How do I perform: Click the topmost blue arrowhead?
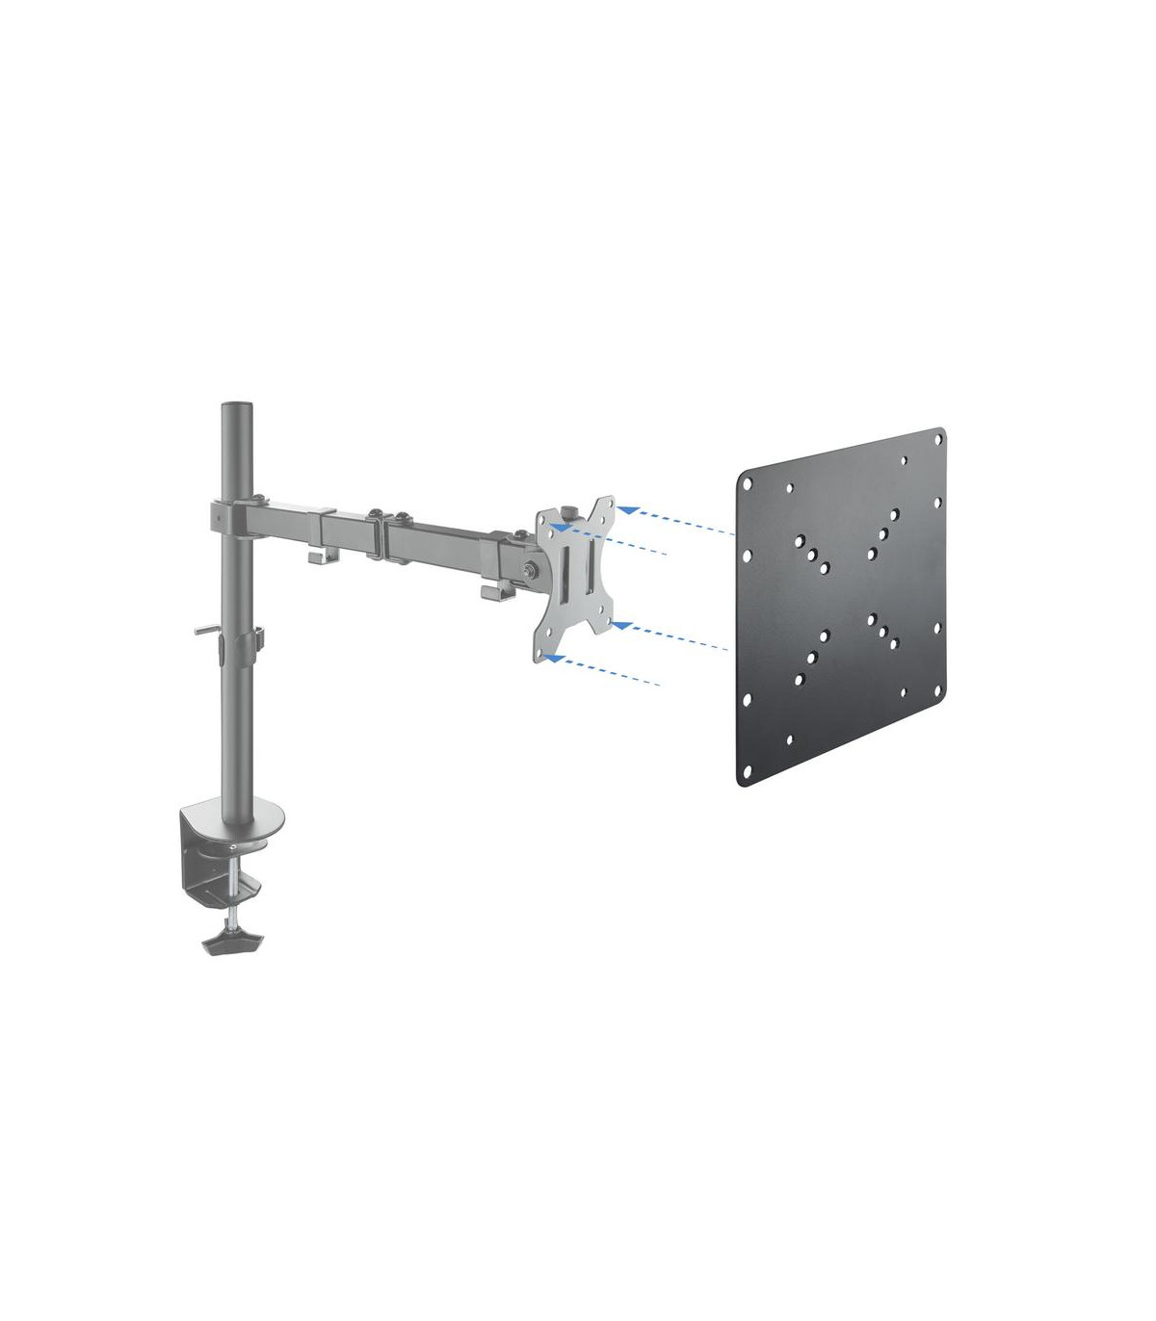(x=627, y=506)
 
